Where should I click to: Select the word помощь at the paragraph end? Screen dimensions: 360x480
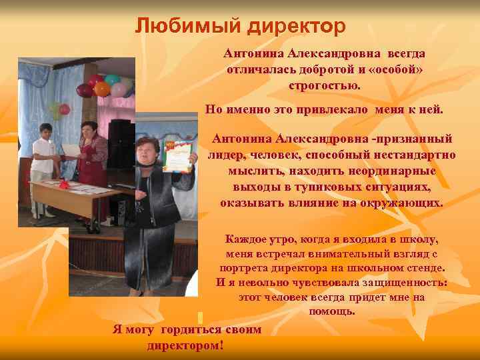click(332, 311)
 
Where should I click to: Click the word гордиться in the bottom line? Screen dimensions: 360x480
click(193, 330)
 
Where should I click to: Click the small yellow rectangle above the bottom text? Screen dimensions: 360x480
click(200, 317)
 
